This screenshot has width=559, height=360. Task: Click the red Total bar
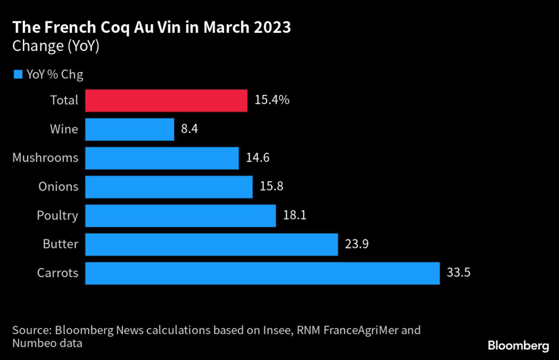click(166, 101)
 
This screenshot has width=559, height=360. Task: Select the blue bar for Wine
click(130, 129)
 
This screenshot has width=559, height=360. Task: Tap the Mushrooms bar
click(162, 158)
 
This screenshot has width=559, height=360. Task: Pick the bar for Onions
click(169, 187)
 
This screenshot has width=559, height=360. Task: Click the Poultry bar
click(181, 216)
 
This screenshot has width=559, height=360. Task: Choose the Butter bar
click(212, 244)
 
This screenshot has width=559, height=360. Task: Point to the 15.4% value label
click(271, 101)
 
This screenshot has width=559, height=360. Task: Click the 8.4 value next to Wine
click(189, 129)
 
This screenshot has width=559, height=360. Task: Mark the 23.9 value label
click(358, 244)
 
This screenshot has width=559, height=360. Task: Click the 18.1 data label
click(294, 216)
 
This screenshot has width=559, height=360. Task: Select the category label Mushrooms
click(45, 158)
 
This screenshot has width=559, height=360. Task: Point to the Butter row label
click(60, 244)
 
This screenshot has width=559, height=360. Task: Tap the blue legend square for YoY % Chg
click(17, 74)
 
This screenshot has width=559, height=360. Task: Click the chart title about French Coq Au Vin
click(151, 28)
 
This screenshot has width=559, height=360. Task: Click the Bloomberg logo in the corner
click(518, 345)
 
